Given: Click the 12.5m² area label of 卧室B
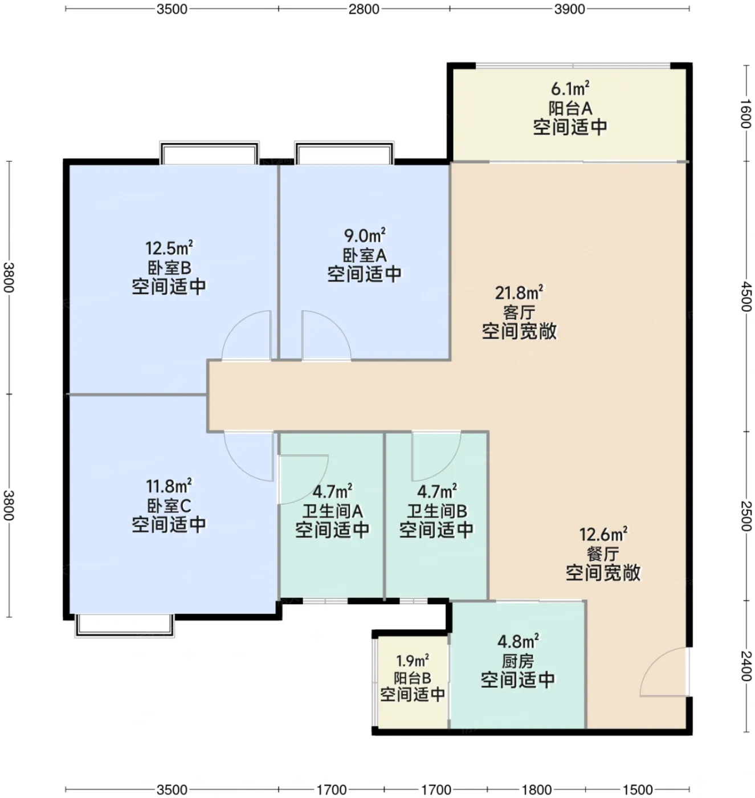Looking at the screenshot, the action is coord(169,247).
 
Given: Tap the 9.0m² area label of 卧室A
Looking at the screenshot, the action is coord(365,235).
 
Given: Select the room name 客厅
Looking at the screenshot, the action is coord(519,312).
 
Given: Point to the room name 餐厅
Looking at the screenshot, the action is coord(603,553).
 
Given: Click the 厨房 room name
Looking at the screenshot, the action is coord(517,661).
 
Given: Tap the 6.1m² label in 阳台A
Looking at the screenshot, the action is coord(570,88).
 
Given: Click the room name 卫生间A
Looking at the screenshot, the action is coord(332,511).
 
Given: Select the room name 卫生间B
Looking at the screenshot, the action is coord(437,511).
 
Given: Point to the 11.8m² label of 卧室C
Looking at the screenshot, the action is coord(169,486).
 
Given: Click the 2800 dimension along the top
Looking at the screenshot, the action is coord(364,9).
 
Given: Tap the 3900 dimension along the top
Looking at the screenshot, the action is coord(569,9).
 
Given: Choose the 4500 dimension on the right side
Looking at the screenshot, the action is coord(746,297).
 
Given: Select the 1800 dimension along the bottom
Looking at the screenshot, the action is coord(537,789).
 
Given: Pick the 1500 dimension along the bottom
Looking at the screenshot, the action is coord(638,789).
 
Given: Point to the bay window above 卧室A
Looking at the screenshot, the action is coord(344,152).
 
